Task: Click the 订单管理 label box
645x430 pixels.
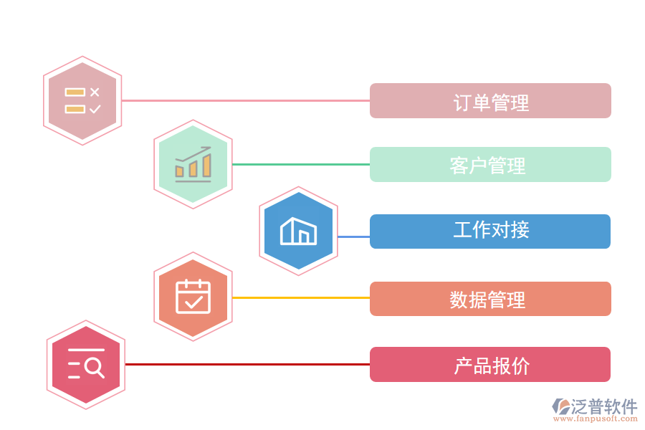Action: [x=490, y=101]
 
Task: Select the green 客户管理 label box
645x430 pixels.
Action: [x=490, y=165]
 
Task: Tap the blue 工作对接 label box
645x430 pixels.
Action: [x=490, y=231]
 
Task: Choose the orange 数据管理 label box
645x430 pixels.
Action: [x=490, y=299]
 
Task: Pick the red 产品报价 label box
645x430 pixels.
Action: [x=490, y=365]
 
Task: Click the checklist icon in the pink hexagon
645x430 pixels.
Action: [x=82, y=101]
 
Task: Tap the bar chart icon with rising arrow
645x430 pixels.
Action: [x=193, y=164]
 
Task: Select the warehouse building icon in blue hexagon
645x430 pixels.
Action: [x=298, y=231]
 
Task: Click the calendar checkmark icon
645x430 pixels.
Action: [x=193, y=296]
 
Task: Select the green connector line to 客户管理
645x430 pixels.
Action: [x=301, y=164]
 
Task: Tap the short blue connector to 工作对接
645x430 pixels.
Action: [x=353, y=236]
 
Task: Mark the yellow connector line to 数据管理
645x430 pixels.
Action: [x=301, y=297]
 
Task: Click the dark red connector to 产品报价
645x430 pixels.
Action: [x=247, y=364]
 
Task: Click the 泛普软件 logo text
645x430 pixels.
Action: [x=603, y=407]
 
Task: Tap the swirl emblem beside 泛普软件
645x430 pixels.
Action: [x=560, y=407]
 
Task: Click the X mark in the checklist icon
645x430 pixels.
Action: [x=95, y=92]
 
